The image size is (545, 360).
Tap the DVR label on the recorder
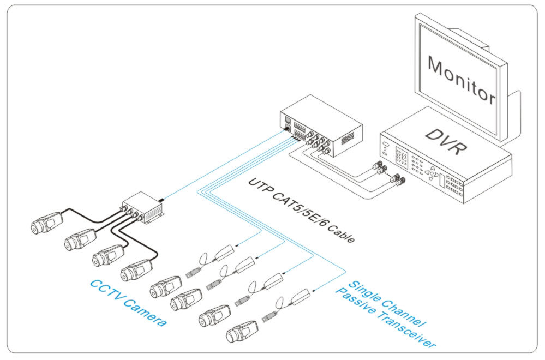442,143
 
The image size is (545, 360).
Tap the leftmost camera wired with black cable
46,220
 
